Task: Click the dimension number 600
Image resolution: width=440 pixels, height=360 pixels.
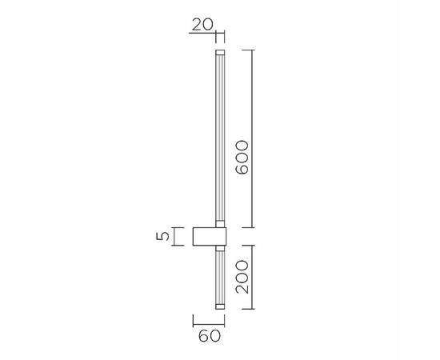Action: coord(244,158)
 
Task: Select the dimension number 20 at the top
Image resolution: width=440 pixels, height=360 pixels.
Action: coord(202,24)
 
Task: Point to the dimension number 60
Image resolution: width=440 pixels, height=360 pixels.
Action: coord(209,335)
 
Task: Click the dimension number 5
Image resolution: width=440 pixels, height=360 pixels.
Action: coord(163,236)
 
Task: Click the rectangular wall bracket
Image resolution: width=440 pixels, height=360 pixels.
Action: coord(209,237)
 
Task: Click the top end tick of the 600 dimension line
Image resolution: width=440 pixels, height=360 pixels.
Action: coord(254,50)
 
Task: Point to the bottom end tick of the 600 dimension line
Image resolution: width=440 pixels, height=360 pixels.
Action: coord(254,227)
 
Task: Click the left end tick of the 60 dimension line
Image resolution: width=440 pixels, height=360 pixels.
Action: coord(194,320)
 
